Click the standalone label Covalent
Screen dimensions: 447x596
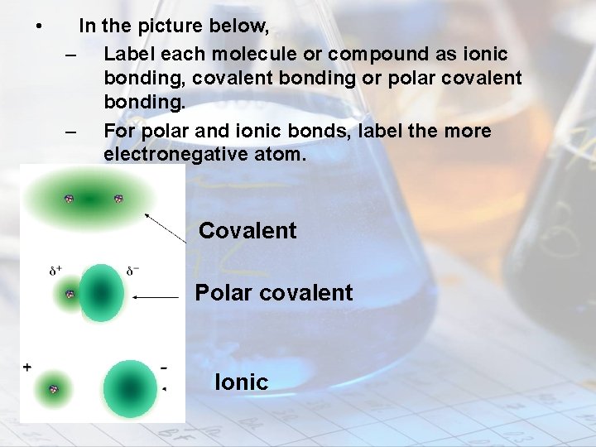(x=248, y=231)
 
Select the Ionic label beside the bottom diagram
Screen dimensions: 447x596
(x=241, y=382)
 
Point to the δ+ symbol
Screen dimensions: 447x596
(x=56, y=270)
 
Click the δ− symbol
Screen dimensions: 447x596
(x=133, y=270)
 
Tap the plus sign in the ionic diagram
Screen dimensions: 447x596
(x=27, y=366)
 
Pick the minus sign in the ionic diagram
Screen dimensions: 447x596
(x=163, y=366)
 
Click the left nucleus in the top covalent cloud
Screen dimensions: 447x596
(x=70, y=199)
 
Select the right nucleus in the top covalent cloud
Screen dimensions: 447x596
(x=118, y=199)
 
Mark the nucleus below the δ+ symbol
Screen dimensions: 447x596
(x=70, y=294)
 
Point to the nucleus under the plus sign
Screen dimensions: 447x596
(x=54, y=389)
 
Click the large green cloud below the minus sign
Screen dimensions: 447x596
(x=129, y=388)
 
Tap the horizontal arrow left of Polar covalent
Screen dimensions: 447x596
(x=156, y=296)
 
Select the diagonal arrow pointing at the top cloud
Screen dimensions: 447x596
(x=166, y=227)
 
